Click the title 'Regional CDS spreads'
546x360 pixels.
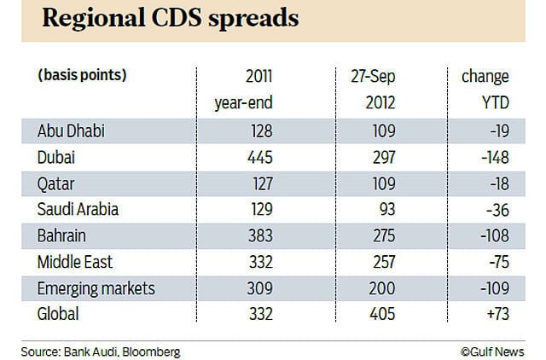click(x=171, y=20)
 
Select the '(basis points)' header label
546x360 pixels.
click(x=82, y=76)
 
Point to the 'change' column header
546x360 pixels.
click(x=485, y=76)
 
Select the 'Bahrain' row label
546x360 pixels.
click(x=62, y=235)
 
